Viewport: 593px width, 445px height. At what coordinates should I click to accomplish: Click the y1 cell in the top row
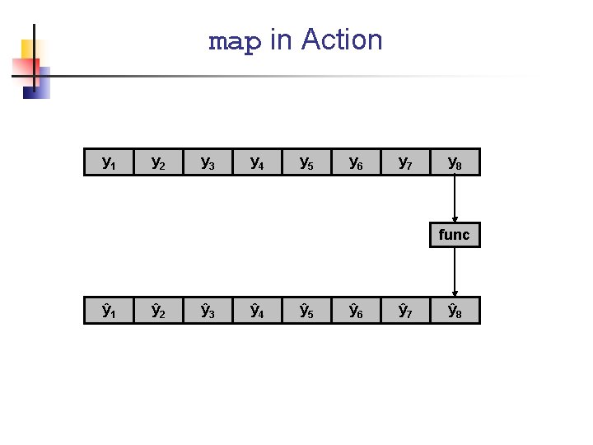click(109, 162)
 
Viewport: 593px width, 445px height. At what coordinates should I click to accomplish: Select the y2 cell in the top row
click(158, 162)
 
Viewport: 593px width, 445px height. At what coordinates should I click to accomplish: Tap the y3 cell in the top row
click(208, 162)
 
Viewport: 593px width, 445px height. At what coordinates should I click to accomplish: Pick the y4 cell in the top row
click(257, 162)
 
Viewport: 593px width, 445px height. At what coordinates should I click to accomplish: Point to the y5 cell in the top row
click(306, 162)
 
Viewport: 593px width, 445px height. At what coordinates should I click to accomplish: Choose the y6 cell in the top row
click(356, 162)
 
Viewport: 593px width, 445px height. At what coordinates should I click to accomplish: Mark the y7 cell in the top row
click(405, 162)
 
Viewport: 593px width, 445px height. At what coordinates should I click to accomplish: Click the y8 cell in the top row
click(455, 162)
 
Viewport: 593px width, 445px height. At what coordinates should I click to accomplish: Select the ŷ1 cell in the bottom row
click(109, 311)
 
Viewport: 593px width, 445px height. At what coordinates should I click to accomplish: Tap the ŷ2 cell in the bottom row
click(158, 311)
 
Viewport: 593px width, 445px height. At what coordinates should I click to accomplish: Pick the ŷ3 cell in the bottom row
click(208, 311)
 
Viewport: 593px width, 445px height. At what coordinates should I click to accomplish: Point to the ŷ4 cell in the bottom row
click(257, 311)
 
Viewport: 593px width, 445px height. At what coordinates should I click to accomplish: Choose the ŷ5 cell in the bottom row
click(306, 311)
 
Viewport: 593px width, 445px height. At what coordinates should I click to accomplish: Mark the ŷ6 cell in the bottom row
click(356, 311)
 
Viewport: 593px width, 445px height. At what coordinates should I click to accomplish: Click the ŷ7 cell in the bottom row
click(405, 311)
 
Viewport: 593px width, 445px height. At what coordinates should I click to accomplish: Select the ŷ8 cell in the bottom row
click(455, 311)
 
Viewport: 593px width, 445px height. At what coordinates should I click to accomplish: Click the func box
click(455, 236)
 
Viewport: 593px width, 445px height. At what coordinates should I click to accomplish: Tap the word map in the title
click(235, 40)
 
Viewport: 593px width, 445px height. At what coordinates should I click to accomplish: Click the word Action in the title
click(342, 40)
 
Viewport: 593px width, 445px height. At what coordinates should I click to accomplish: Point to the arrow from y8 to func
click(455, 199)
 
